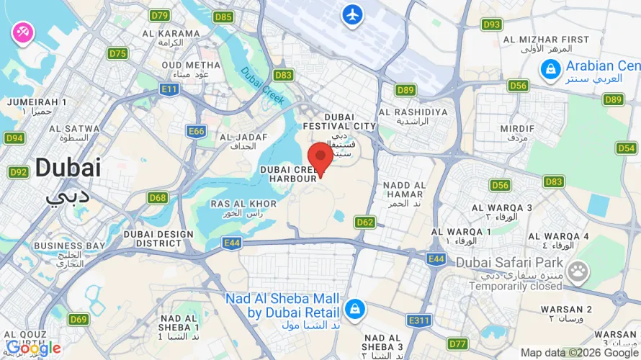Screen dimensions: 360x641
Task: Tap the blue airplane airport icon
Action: [x=352, y=14]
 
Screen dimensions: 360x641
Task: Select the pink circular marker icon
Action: [x=22, y=32]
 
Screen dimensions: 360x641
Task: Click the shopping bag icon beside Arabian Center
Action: [x=550, y=69]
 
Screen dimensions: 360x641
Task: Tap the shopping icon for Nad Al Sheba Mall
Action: [x=354, y=310]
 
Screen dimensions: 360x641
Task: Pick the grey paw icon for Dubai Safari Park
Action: [x=578, y=271]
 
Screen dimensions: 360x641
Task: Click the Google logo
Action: [x=33, y=348]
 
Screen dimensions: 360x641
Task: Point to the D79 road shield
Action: [x=159, y=15]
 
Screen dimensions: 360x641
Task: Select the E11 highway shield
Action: [x=170, y=89]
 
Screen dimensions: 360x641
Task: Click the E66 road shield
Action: [x=197, y=131]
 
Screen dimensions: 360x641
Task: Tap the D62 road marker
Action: [x=365, y=222]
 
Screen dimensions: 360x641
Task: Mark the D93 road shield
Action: [x=492, y=24]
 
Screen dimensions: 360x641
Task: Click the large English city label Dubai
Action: [x=68, y=168]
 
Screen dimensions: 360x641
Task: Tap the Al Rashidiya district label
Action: [x=413, y=112]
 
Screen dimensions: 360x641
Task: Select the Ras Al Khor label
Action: [x=243, y=204]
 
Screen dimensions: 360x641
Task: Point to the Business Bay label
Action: [x=69, y=246]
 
